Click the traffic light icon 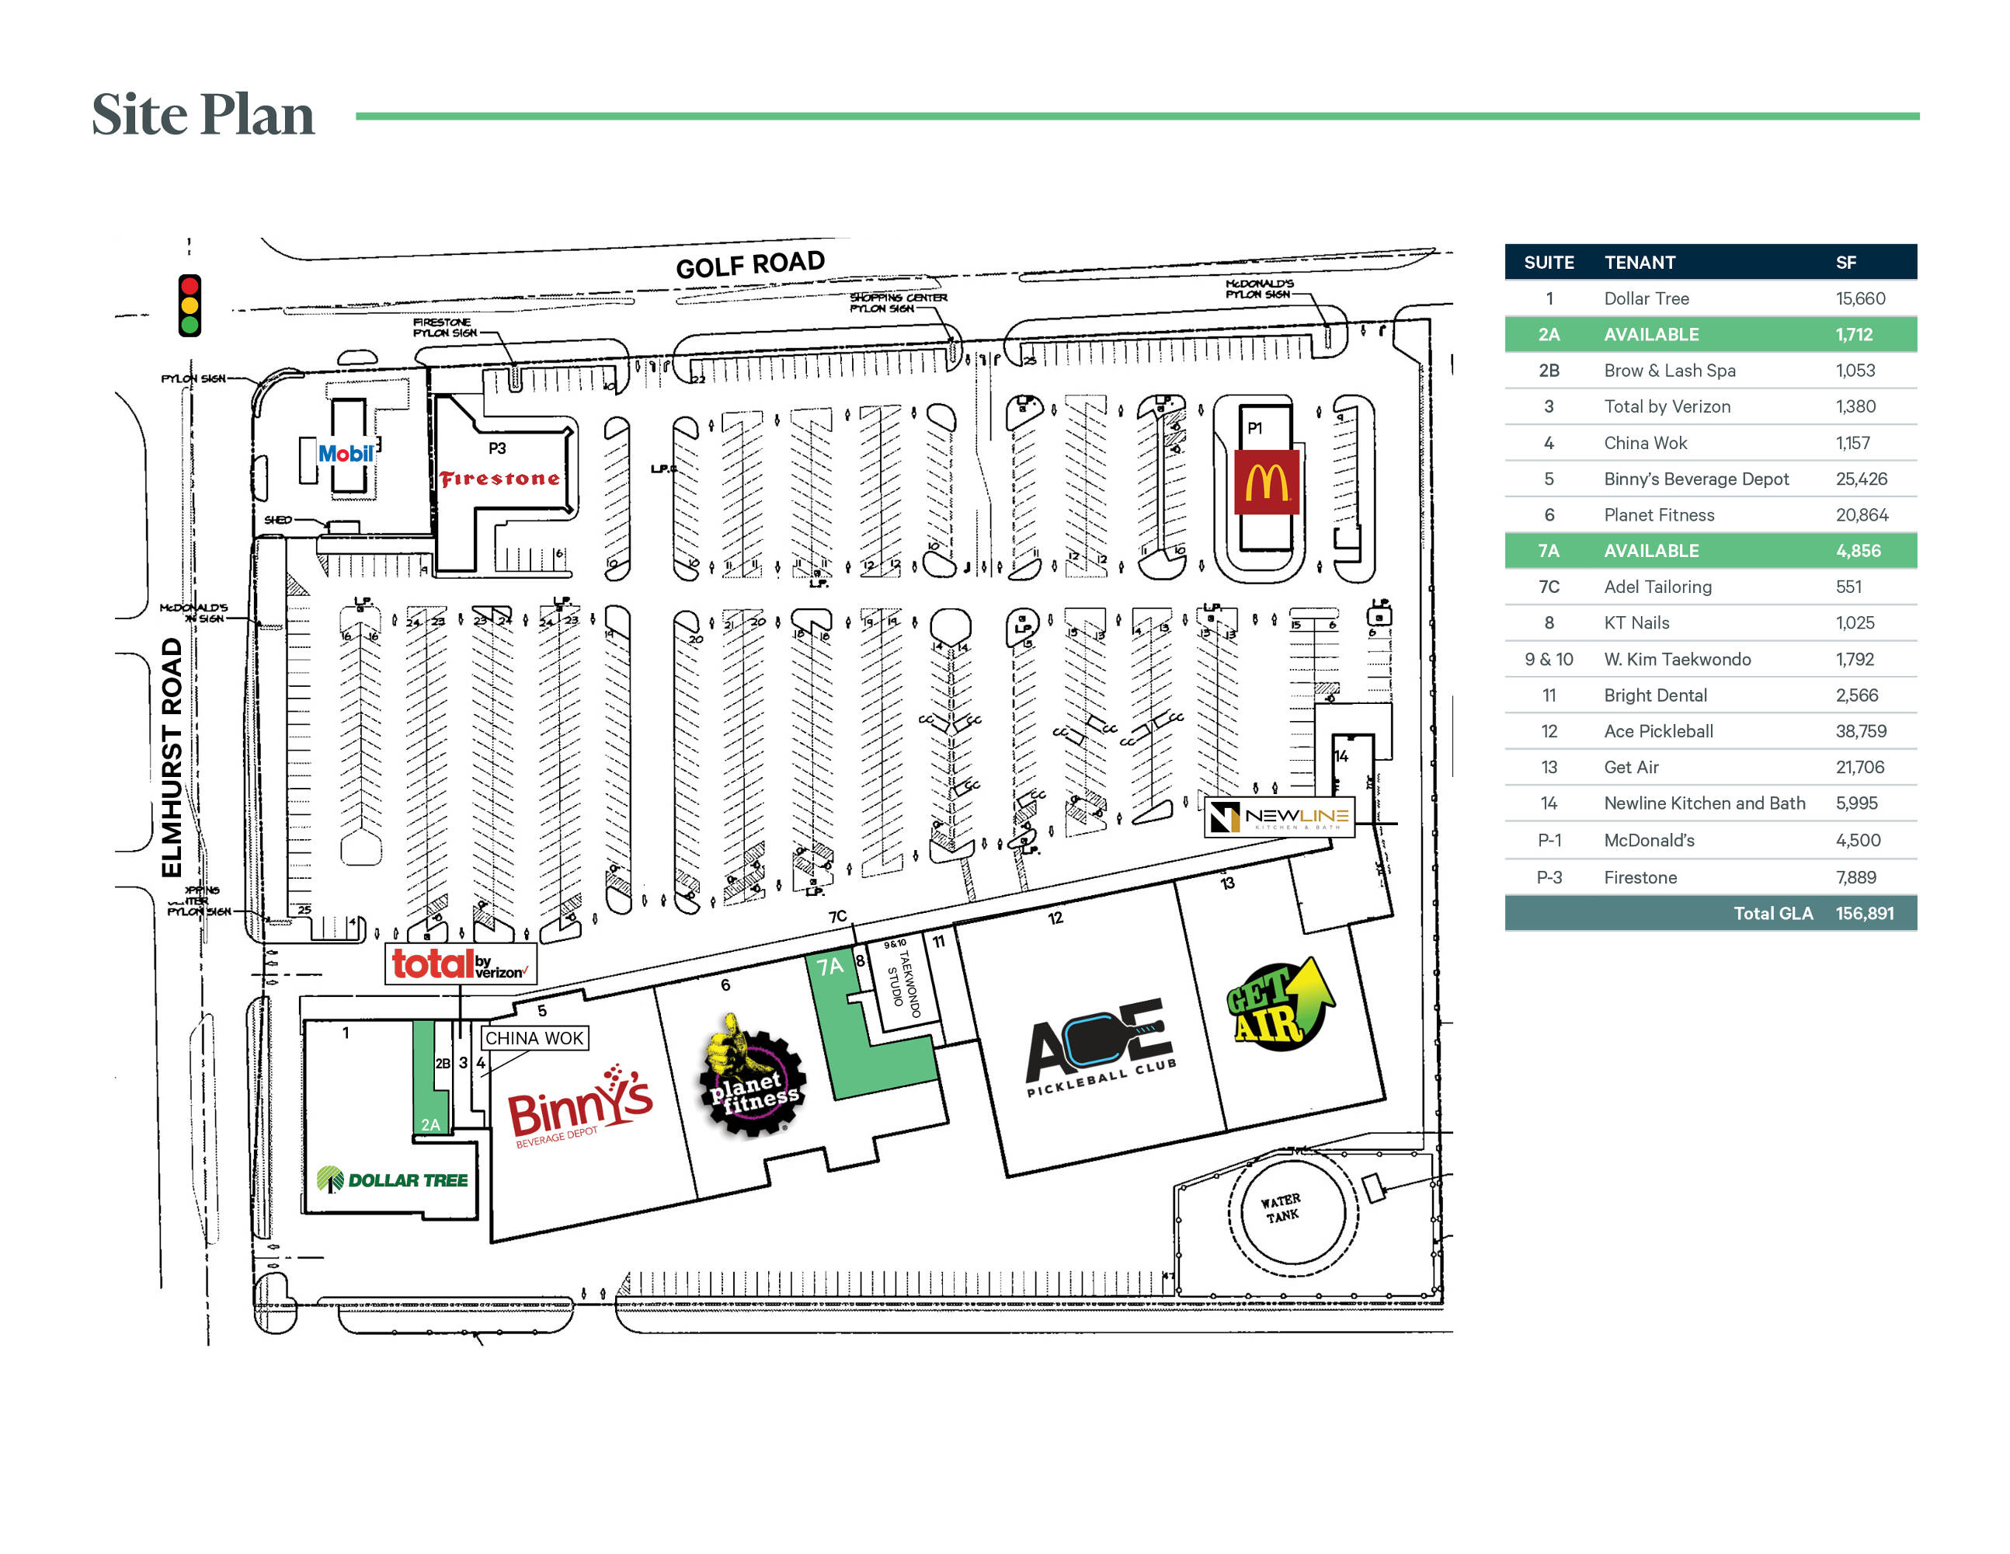coord(190,305)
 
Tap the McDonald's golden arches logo coord(1267,482)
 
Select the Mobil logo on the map coord(345,453)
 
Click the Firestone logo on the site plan coord(499,478)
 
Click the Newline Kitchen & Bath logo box coord(1278,816)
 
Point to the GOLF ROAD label coord(750,264)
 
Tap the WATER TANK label coord(1280,1207)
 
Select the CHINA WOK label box coord(534,1037)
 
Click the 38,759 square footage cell coord(1860,731)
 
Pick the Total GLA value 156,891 coord(1864,913)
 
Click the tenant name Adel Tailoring coord(1657,587)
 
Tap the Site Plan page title coord(203,115)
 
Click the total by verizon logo coord(459,964)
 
